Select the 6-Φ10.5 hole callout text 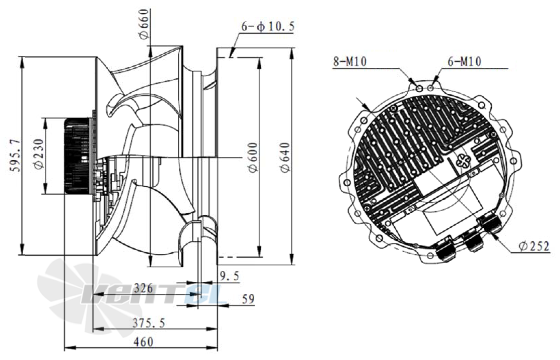(268, 26)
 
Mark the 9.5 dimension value (229, 276)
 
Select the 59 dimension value (248, 299)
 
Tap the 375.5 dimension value (149, 323)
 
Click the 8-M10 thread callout (350, 62)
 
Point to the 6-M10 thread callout (464, 62)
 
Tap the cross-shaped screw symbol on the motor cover (465, 160)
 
